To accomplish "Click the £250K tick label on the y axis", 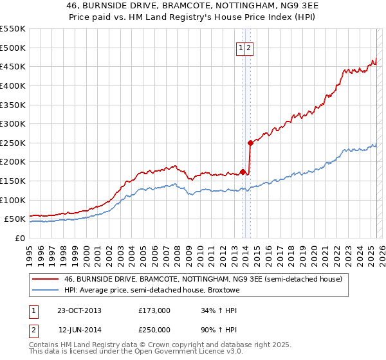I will click(13, 143).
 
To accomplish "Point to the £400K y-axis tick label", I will click(13, 85).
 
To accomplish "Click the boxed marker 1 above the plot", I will click(241, 48).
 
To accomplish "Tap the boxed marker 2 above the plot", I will click(248, 48).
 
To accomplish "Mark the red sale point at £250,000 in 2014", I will click(250, 143).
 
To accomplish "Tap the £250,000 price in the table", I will click(154, 330).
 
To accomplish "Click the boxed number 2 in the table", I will click(34, 330).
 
